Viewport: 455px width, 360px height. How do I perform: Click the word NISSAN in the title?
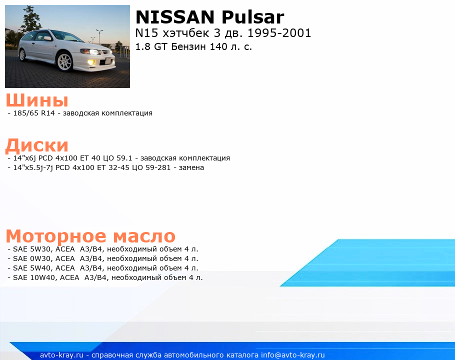click(x=174, y=17)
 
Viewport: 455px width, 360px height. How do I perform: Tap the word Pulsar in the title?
click(x=252, y=17)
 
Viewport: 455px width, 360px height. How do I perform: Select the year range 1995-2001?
click(x=279, y=33)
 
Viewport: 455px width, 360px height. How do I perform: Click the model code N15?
click(x=146, y=33)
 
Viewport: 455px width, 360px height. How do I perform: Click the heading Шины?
click(x=37, y=100)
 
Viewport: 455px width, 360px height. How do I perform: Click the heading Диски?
click(x=37, y=145)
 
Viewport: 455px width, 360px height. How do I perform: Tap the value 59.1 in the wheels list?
click(x=124, y=158)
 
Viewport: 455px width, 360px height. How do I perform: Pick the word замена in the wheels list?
click(x=191, y=167)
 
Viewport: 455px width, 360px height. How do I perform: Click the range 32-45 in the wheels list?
click(x=119, y=167)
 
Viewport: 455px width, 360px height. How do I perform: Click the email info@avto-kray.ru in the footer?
click(x=293, y=355)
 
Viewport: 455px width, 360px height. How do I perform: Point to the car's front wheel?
click(x=64, y=61)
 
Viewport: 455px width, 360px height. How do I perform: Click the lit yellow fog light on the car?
click(x=91, y=61)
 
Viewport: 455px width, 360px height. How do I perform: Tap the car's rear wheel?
click(x=22, y=55)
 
